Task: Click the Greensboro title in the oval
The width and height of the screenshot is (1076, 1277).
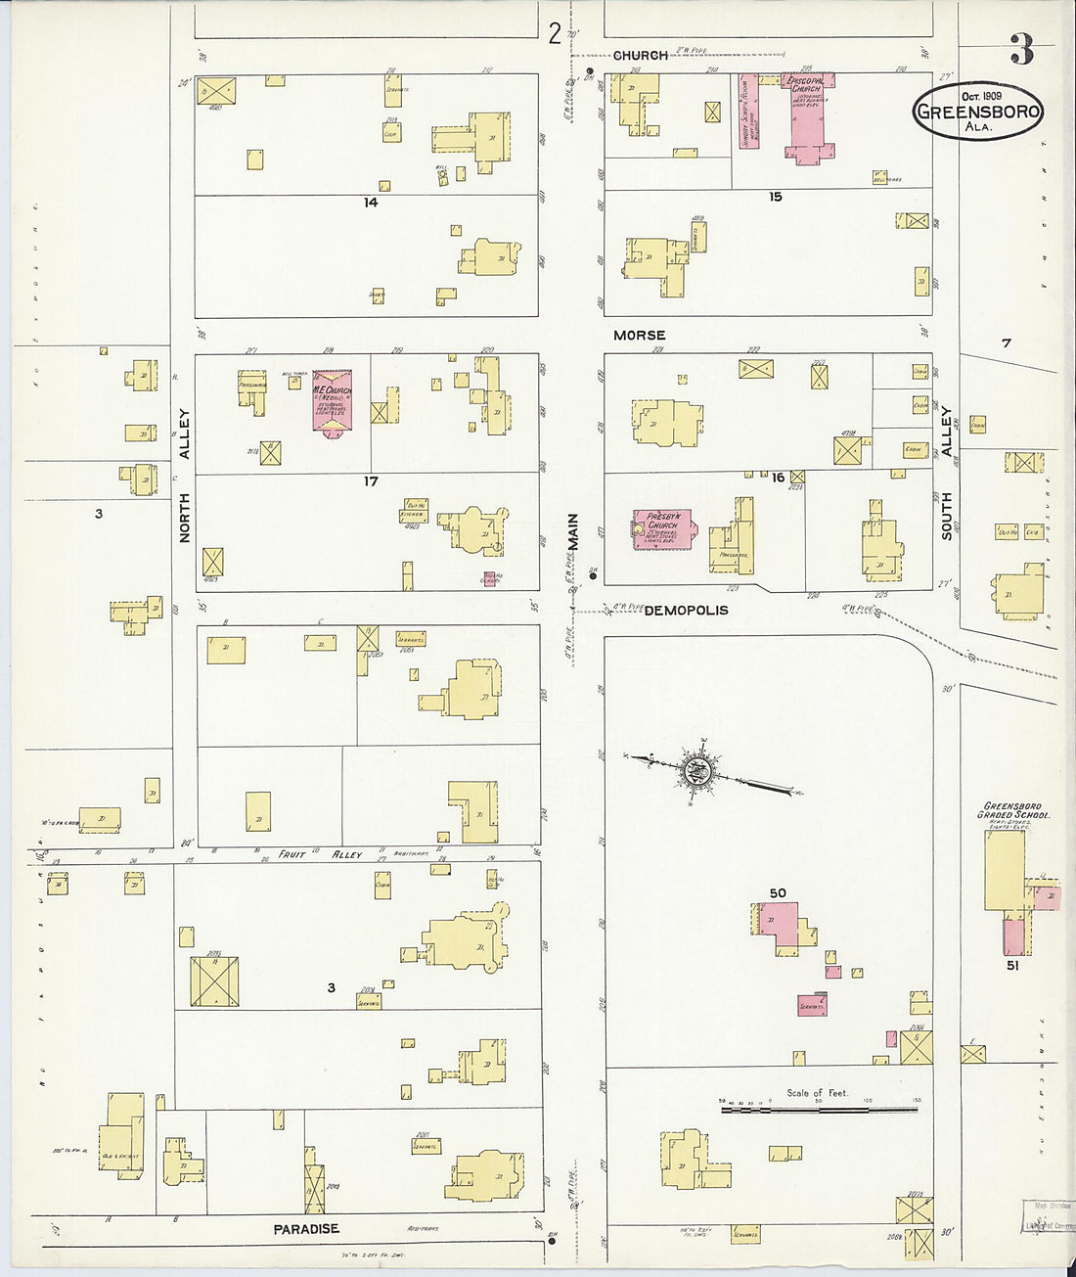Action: (978, 112)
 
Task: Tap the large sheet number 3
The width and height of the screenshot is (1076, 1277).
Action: (1021, 50)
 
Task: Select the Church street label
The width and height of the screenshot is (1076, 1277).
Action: (641, 56)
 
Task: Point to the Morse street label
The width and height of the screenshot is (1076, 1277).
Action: (639, 336)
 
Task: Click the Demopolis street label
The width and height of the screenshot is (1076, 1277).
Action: (686, 611)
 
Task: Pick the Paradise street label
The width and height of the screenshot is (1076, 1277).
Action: (306, 1229)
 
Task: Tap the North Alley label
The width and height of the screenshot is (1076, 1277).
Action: (185, 475)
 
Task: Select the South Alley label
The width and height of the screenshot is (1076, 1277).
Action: (947, 474)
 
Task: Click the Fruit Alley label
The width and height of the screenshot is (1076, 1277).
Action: (320, 854)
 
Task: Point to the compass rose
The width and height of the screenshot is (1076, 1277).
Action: (697, 773)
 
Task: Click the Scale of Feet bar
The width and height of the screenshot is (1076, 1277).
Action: (819, 1110)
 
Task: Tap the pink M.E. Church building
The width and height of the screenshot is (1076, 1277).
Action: (333, 401)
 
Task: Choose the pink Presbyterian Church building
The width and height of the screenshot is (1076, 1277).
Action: (662, 529)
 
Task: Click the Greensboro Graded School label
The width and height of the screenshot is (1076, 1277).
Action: (1013, 811)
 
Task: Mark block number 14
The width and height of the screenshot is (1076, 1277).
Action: (371, 203)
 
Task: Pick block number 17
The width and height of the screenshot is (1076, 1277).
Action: (371, 481)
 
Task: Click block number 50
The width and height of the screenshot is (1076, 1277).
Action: (778, 892)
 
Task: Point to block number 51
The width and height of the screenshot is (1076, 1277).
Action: (1012, 965)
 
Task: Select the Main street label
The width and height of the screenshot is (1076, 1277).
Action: (574, 531)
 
